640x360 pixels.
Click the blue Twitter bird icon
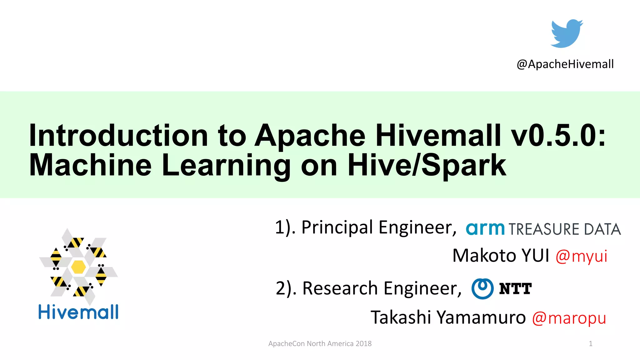[x=566, y=33]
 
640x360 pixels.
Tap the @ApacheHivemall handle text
[x=565, y=64]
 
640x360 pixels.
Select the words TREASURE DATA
[x=564, y=229]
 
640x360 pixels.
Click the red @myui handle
[x=581, y=256]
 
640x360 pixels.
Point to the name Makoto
[x=484, y=256]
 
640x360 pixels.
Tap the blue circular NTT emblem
[x=482, y=288]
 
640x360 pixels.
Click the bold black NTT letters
[x=515, y=288]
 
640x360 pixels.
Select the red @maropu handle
[x=569, y=318]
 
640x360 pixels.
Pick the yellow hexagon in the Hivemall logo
[x=78, y=267]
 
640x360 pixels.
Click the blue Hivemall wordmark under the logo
[x=78, y=312]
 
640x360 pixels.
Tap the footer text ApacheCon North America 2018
[x=320, y=344]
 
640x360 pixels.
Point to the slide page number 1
[x=590, y=344]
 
